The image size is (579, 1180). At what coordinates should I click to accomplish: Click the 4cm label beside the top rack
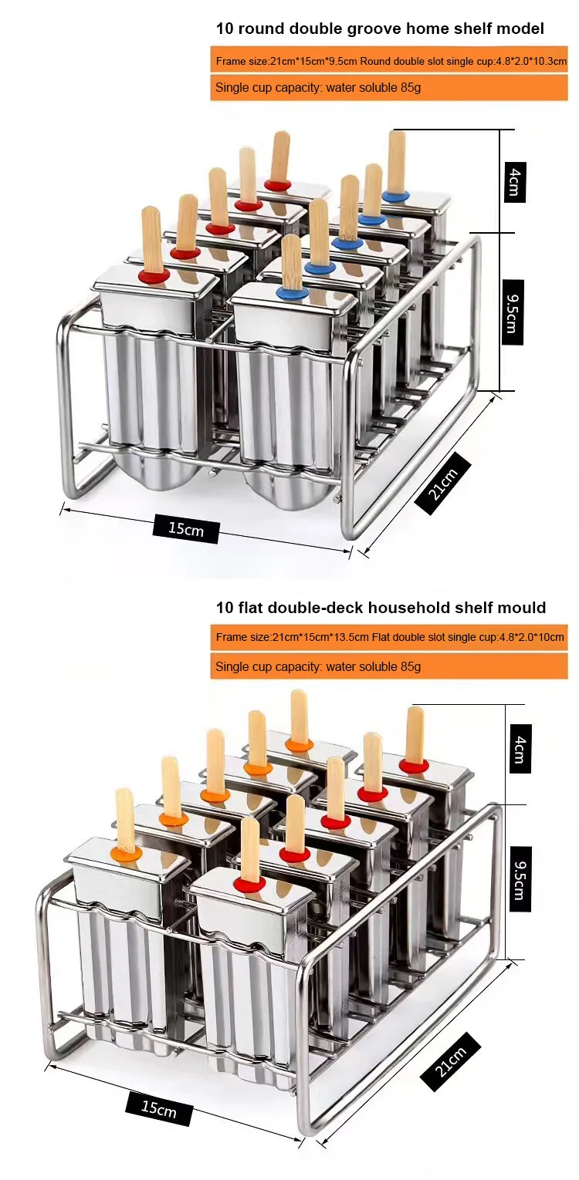click(x=515, y=182)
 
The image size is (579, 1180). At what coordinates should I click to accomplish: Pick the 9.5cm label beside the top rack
click(x=512, y=312)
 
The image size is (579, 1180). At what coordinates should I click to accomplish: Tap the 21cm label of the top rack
click(x=442, y=484)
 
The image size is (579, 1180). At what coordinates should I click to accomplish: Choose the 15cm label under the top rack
click(x=186, y=528)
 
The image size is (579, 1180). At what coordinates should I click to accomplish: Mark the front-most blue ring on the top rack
click(x=293, y=292)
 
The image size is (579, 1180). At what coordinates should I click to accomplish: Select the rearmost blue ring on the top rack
click(x=396, y=197)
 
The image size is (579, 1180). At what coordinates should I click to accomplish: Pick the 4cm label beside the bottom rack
click(x=520, y=749)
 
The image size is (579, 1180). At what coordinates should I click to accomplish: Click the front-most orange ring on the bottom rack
click(x=126, y=853)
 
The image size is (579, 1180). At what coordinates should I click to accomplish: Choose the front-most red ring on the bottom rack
click(x=250, y=885)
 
